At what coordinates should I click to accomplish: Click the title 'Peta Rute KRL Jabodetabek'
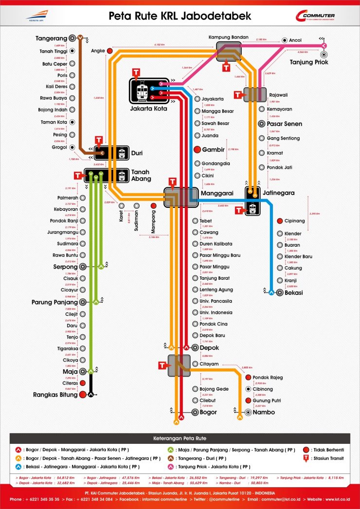180,16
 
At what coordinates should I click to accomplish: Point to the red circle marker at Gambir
198,149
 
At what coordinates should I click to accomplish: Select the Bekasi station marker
280,292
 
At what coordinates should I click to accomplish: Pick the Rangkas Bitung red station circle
83,394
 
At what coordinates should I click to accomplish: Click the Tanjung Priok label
309,62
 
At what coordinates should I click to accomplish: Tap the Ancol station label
295,40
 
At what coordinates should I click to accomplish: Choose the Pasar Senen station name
284,124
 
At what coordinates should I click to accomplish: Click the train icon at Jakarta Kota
143,91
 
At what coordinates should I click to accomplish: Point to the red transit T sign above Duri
99,141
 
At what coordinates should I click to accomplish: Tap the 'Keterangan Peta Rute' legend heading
180,438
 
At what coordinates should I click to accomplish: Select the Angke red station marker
110,51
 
